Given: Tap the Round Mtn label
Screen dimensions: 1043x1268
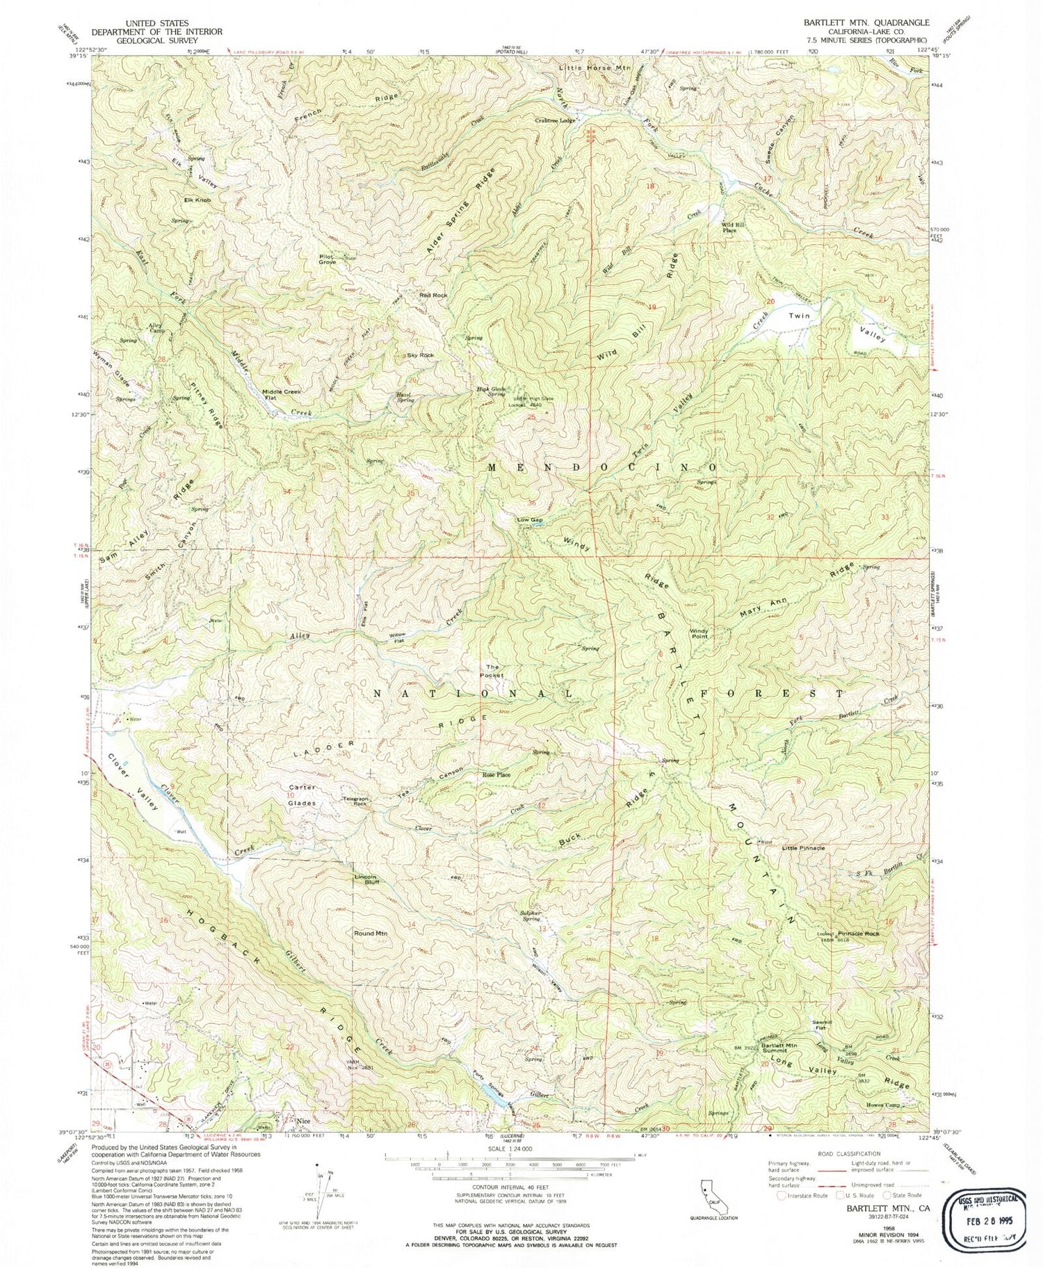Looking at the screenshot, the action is (x=371, y=933).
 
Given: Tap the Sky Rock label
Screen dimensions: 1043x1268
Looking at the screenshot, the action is (x=421, y=355).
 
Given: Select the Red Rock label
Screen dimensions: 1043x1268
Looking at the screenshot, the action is (x=433, y=295).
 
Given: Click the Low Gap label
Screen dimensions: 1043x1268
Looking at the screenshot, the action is (x=529, y=519).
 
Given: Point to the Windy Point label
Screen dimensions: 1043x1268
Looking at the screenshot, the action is (x=699, y=634).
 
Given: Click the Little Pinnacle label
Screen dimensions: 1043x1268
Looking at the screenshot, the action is (x=803, y=848).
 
